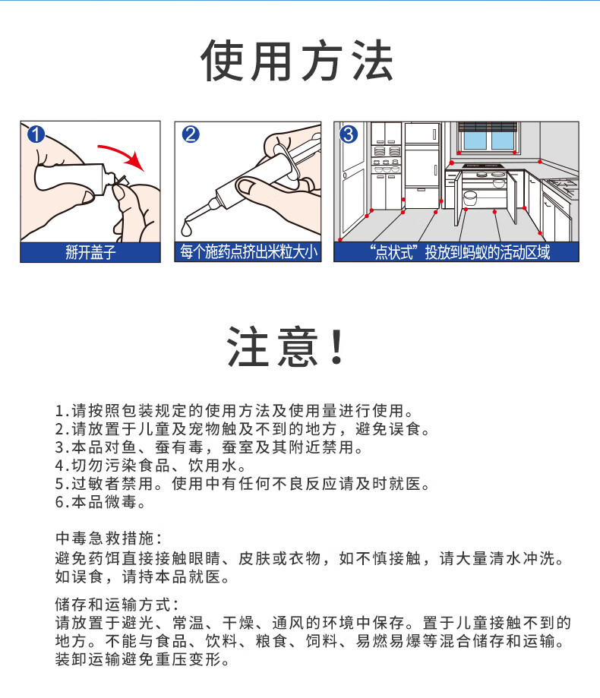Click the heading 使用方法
[297, 61]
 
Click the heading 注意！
[285, 346]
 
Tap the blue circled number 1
[36, 134]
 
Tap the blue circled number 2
[191, 134]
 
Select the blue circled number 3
[349, 134]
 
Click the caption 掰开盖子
[90, 252]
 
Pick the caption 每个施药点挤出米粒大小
[248, 252]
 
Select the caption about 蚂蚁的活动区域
[459, 252]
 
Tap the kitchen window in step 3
[488, 136]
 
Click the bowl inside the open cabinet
[470, 197]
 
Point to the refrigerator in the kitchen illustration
[422, 166]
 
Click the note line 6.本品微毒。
[100, 502]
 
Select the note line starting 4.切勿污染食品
[150, 466]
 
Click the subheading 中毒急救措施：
[109, 539]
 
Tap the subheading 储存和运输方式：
[117, 605]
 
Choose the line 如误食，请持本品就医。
[142, 577]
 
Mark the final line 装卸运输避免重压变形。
[142, 659]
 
